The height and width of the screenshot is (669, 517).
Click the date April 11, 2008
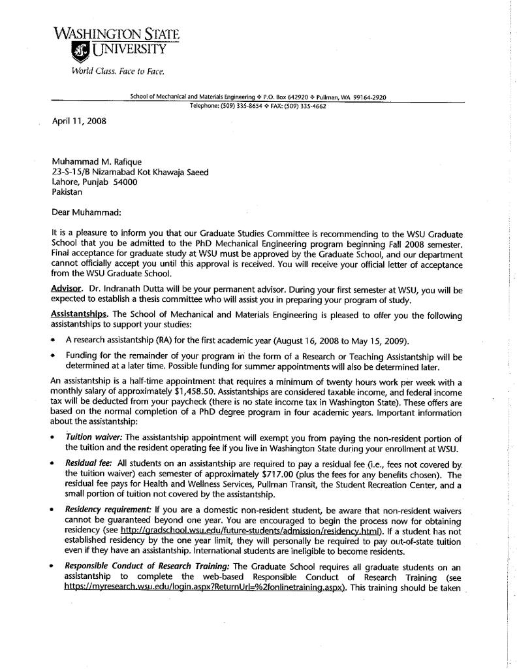point(78,120)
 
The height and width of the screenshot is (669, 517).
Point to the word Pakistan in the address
point(67,193)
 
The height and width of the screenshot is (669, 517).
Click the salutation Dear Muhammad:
point(86,212)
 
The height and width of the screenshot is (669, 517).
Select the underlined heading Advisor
point(67,288)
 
